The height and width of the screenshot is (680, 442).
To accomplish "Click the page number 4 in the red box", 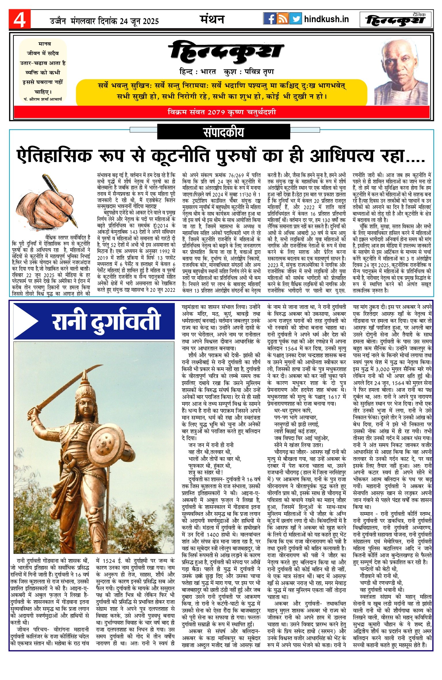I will tap(20, 20).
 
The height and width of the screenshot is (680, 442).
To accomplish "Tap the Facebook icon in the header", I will tap(269, 19).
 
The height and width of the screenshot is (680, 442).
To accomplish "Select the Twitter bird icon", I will tap(295, 19).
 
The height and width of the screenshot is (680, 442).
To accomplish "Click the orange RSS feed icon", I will tap(282, 19).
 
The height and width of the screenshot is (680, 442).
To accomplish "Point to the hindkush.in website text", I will tap(326, 19).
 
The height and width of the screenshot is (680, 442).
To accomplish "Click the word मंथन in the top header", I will tap(212, 20).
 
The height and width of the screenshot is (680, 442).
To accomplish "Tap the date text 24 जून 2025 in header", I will tap(139, 21).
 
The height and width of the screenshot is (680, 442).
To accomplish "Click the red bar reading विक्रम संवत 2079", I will tap(222, 112).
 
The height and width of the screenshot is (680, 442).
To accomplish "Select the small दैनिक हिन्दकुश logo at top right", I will tap(396, 20).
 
